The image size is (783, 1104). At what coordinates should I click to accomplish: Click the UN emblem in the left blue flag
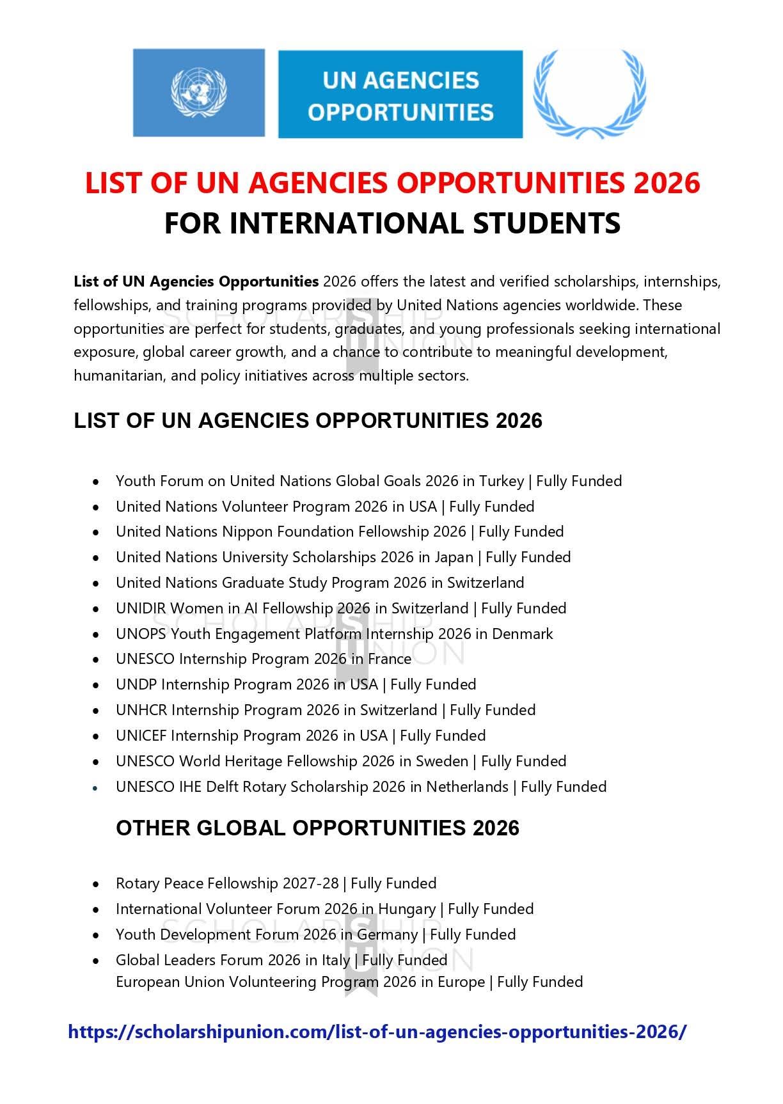(198, 92)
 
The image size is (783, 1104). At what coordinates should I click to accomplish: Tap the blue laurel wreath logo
(590, 93)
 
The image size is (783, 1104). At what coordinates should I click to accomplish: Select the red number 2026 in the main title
(667, 183)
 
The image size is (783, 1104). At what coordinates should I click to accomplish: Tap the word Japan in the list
(454, 557)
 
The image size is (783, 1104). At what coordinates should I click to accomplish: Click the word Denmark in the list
(522, 634)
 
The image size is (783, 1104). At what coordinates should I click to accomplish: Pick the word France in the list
(389, 659)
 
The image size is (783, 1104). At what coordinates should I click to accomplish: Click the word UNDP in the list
(136, 684)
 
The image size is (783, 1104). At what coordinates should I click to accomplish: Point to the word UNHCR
(141, 710)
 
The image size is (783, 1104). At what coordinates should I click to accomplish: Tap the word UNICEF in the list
(141, 736)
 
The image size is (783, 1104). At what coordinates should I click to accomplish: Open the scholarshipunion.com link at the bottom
(377, 1032)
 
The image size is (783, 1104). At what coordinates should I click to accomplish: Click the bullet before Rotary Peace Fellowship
(96, 884)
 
